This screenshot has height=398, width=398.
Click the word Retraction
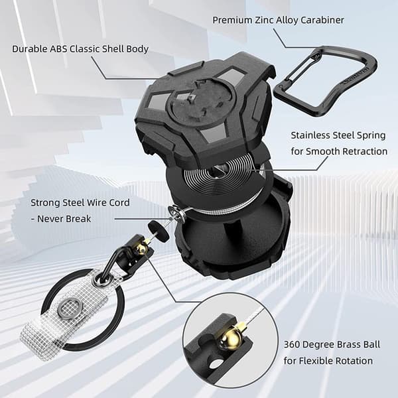pyautogui.click(x=365, y=151)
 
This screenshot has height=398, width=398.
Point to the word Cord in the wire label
pyautogui.click(x=119, y=202)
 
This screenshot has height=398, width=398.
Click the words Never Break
pyautogui.click(x=64, y=218)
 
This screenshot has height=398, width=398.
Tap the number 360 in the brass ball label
pyautogui.click(x=292, y=344)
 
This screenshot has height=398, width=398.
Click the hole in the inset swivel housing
pyautogui.click(x=215, y=364)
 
